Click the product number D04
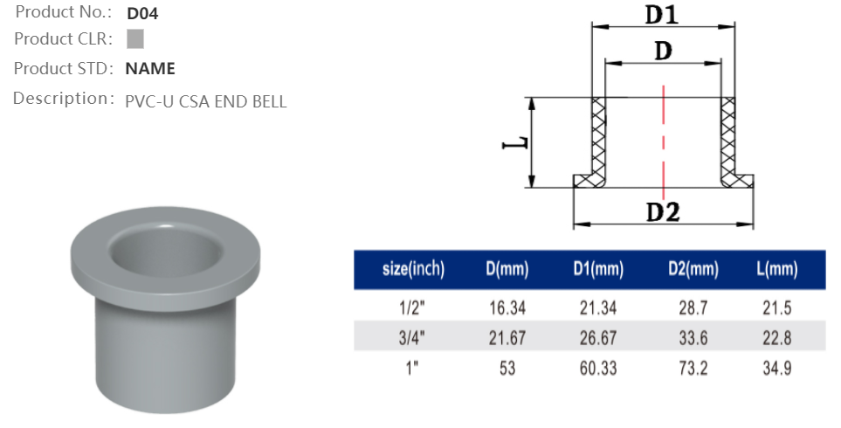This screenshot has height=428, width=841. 142,13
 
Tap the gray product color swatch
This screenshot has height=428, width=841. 135,39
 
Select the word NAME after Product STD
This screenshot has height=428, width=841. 150,69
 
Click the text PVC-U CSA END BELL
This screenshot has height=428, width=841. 205,101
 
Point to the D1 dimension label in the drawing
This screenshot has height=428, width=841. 662,15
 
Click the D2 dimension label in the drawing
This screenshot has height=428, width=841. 663,212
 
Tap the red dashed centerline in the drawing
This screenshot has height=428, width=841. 664,140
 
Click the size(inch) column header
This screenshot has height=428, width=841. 413,270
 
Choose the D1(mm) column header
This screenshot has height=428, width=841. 598,270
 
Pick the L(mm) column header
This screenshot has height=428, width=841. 776,270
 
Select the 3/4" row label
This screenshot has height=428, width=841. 413,337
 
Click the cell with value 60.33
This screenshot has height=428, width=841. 598,368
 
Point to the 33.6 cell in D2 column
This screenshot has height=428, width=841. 693,337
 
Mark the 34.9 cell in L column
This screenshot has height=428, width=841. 776,368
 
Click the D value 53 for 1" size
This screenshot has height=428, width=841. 507,368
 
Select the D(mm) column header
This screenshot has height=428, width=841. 507,270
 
